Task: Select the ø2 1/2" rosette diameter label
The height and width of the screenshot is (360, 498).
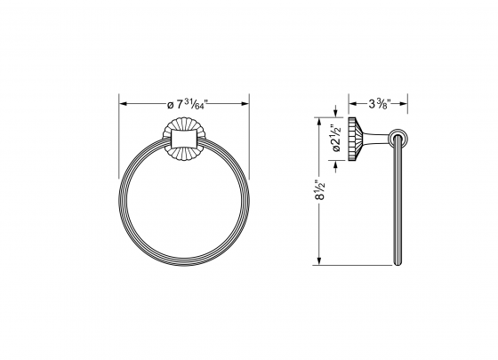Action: (335, 137)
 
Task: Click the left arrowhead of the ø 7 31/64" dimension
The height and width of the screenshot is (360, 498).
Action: (124, 105)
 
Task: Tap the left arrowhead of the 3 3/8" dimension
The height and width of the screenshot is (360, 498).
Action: (349, 105)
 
